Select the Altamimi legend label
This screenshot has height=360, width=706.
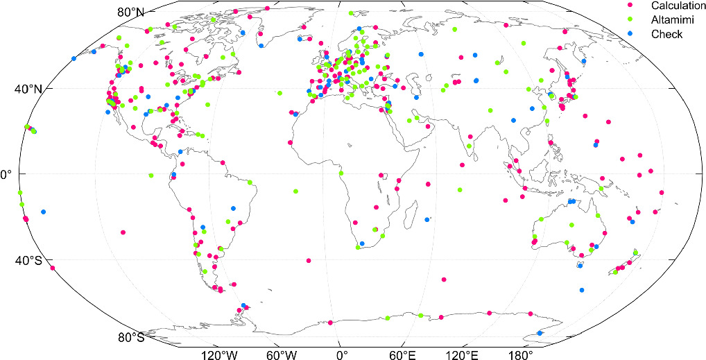(x=666, y=20)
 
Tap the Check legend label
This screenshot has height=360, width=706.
(x=662, y=34)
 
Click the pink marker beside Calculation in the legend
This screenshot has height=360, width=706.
(x=629, y=6)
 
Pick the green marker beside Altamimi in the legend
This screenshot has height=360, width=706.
(x=629, y=20)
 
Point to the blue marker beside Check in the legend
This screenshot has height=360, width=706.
(x=629, y=34)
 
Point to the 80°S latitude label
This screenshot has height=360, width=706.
(x=131, y=338)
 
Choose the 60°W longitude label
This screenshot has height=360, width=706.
(x=282, y=354)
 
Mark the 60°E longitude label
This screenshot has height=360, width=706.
(x=402, y=354)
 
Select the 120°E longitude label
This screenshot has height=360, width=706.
(x=462, y=354)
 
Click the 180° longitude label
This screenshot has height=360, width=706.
(x=520, y=354)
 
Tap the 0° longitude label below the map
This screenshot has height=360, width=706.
(x=341, y=354)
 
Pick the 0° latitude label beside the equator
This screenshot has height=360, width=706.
(x=4, y=174)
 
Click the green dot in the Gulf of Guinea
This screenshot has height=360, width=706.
(x=341, y=173)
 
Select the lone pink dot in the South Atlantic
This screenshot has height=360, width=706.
(x=309, y=261)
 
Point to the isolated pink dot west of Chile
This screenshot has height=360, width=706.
(x=123, y=232)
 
